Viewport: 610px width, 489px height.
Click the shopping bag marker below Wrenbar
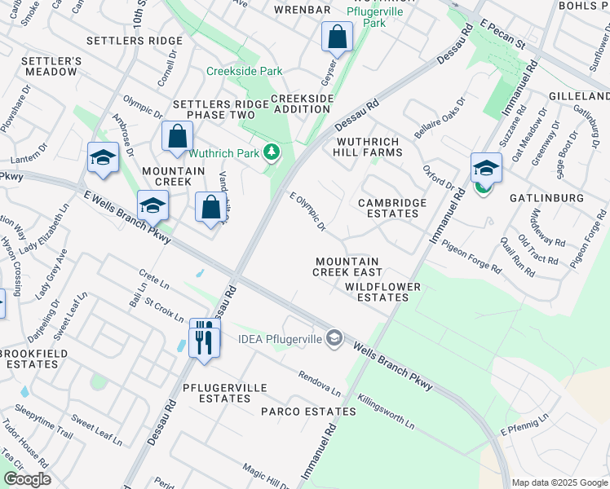click(337, 37)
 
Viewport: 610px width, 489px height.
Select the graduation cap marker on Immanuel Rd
click(486, 169)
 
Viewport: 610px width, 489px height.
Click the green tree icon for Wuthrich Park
click(272, 152)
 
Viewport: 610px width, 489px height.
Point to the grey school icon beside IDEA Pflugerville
click(333, 337)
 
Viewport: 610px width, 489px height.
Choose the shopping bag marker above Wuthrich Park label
click(177, 138)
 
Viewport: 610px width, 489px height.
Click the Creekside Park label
click(239, 71)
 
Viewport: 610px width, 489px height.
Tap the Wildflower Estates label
click(382, 292)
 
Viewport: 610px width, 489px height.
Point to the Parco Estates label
click(308, 412)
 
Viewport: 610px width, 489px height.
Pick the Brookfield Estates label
click(29, 359)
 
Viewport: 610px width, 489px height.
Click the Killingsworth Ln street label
click(387, 412)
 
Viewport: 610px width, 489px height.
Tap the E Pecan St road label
click(504, 38)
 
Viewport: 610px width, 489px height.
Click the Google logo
click(27, 479)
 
